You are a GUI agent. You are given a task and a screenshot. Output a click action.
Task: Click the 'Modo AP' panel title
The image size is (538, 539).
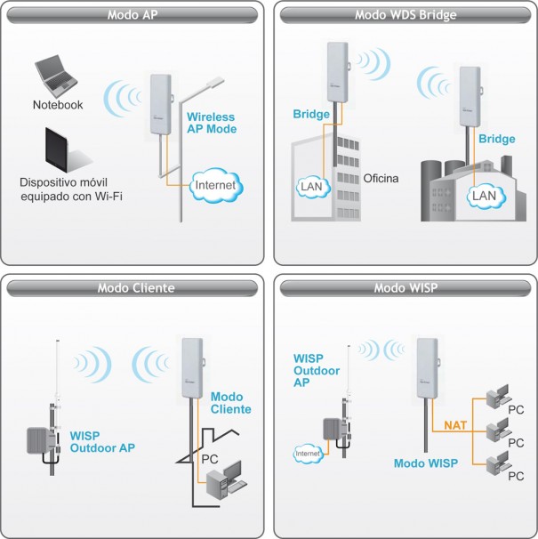click(132, 15)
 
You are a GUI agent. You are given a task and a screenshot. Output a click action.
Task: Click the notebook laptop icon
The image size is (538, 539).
click(56, 77)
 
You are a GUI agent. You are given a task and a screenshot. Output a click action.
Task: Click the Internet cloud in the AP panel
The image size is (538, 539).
click(216, 185)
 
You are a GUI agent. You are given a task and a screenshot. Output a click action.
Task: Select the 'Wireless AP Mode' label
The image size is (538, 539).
click(213, 123)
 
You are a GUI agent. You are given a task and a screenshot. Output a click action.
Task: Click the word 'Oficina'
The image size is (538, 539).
click(381, 178)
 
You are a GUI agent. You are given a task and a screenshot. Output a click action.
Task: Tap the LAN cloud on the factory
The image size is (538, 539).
click(483, 194)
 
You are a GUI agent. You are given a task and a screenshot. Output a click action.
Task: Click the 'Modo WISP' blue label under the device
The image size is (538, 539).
click(425, 463)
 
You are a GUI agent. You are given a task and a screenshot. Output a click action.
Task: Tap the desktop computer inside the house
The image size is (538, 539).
click(220, 481)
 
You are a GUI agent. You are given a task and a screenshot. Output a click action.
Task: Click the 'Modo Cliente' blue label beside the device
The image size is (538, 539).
click(230, 402)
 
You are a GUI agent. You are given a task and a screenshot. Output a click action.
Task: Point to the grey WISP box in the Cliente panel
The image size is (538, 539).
click(41, 438)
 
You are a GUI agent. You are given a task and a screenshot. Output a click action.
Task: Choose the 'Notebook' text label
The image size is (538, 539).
click(58, 105)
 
